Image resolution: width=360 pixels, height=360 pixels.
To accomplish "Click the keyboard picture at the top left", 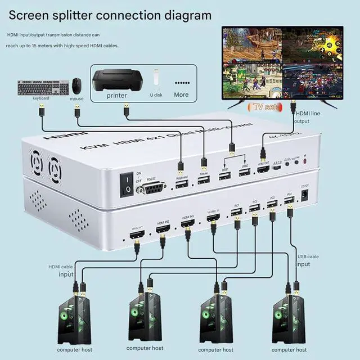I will [43, 88].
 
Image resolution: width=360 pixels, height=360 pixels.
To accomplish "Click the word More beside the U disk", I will [181, 94].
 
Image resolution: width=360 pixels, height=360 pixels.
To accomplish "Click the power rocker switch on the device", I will [128, 183].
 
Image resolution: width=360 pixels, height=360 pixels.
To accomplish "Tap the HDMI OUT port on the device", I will [263, 169].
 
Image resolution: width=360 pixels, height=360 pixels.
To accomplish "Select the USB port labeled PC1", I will [237, 212].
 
